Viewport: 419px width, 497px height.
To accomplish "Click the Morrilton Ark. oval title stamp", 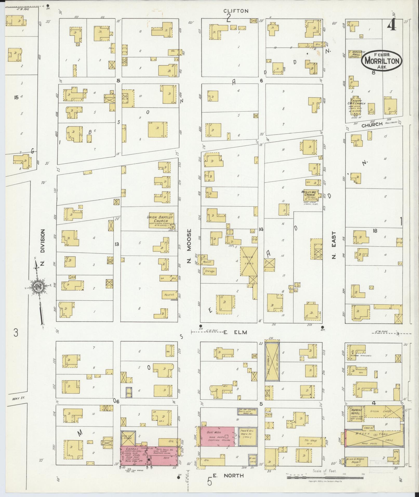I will pyautogui.click(x=381, y=60).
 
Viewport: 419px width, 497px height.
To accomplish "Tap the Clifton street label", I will pyautogui.click(x=236, y=11).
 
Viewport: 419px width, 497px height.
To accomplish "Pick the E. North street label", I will pyautogui.click(x=228, y=475).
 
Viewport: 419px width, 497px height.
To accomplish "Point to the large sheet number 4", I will pyautogui.click(x=391, y=25).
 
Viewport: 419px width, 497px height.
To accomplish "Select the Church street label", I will pyautogui.click(x=372, y=124).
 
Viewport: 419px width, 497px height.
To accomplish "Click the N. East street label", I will pyautogui.click(x=334, y=246).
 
